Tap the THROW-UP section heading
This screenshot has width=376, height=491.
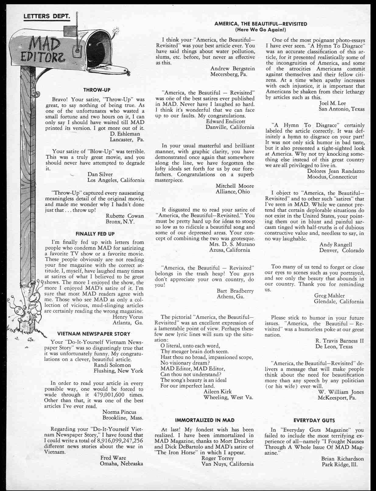tap(97, 90)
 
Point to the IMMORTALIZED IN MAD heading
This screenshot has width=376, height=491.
tap(205, 420)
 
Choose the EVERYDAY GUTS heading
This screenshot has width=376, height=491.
tap(314, 420)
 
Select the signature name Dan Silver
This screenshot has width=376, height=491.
tap(100, 175)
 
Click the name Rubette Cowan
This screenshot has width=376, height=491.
tap(125, 216)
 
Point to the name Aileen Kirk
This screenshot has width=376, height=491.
tap(217, 392)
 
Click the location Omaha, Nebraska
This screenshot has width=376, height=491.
tap(121, 464)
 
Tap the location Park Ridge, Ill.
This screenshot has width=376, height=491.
tap(339, 465)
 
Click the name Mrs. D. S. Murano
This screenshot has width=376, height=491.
tap(232, 244)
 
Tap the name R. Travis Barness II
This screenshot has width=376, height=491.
tap(339, 341)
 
